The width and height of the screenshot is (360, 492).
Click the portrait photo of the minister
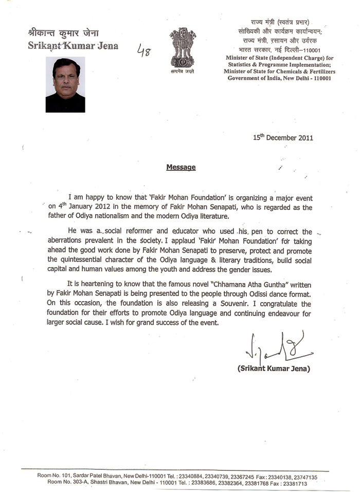click(x=65, y=84)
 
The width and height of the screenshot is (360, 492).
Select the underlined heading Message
click(x=181, y=167)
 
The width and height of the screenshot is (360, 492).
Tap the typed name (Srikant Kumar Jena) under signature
click(x=274, y=369)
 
